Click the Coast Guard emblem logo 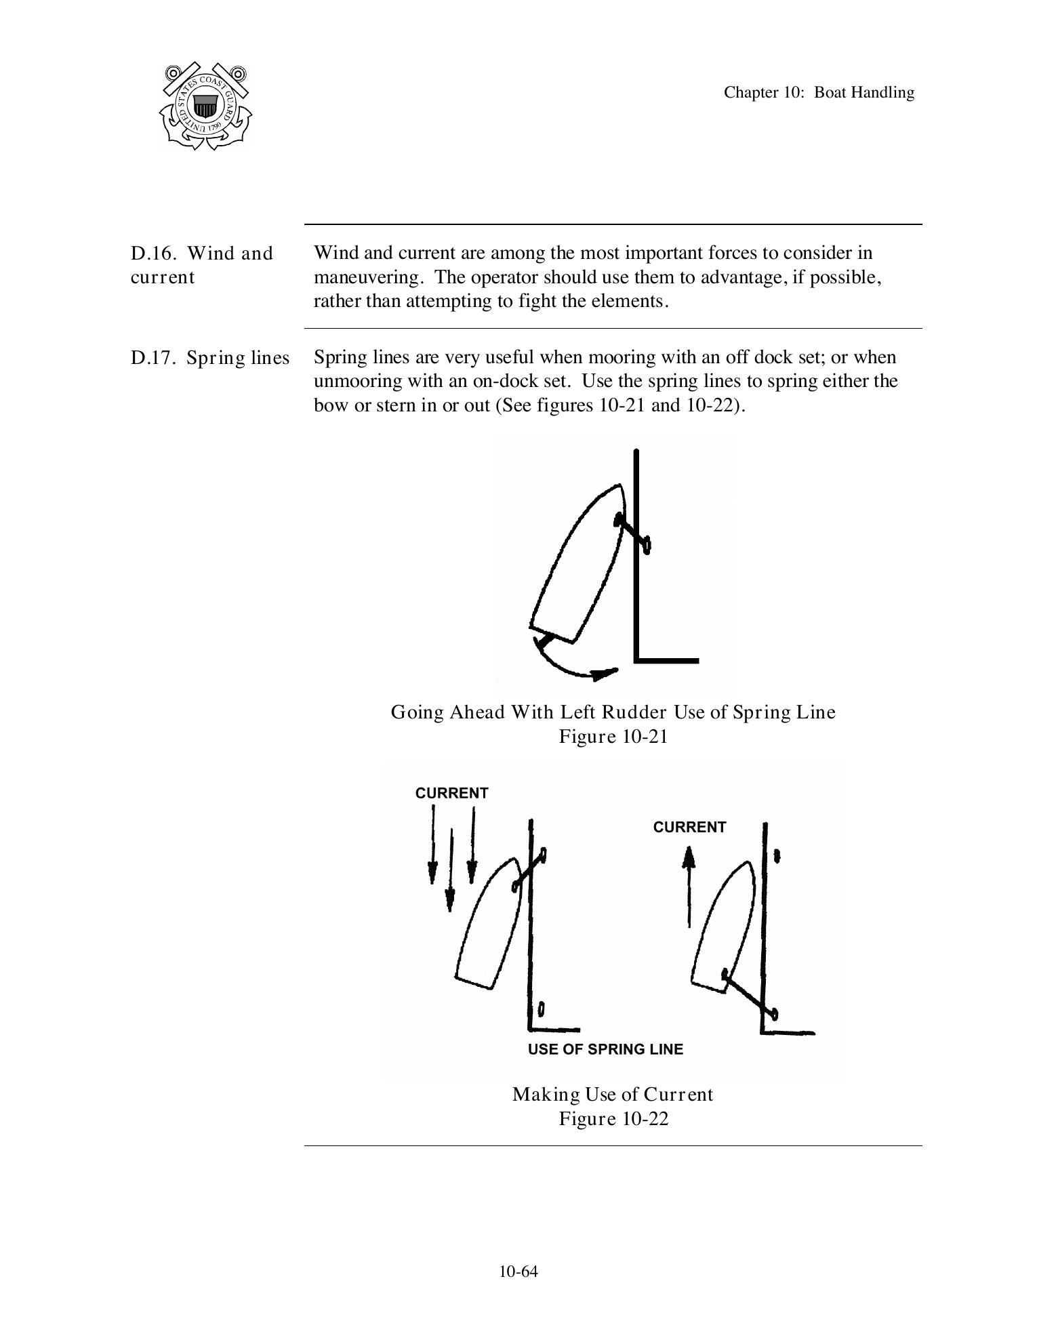pos(205,106)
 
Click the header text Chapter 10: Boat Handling pos(818,93)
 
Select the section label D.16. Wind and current pos(201,265)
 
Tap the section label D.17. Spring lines pos(209,358)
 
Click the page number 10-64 pos(518,1272)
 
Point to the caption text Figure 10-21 pos(613,737)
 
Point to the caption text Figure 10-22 pos(613,1119)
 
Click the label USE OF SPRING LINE pos(605,1049)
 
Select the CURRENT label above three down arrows pos(451,793)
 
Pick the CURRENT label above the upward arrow pos(689,827)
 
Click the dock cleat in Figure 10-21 pos(646,544)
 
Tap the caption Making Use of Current pos(612,1095)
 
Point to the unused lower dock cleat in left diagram pos(542,1009)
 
